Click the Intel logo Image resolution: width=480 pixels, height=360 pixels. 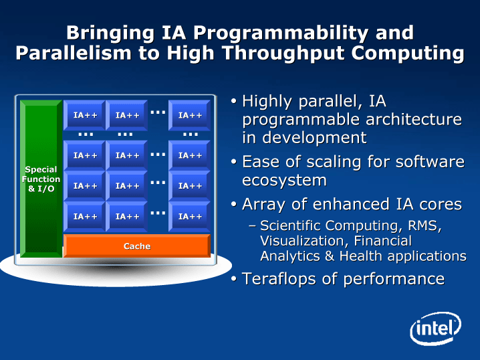tap(435, 330)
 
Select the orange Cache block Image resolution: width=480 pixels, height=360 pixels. tap(137, 246)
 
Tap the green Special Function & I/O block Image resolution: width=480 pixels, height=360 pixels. tap(41, 179)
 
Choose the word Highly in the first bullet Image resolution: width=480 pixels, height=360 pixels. tap(267, 102)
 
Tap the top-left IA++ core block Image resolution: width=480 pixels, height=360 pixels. tap(84, 115)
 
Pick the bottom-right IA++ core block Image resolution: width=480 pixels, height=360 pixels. tap(190, 216)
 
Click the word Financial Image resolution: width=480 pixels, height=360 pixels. tap(382, 240)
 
